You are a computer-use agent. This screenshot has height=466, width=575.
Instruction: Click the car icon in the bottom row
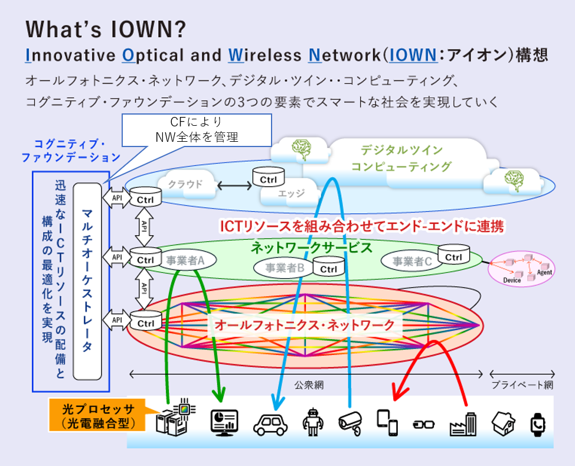click(x=270, y=425)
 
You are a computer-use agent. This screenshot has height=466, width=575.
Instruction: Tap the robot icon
click(x=313, y=422)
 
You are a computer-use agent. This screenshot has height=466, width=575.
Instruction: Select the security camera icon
click(x=351, y=423)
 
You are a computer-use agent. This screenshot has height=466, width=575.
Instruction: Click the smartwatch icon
click(x=538, y=425)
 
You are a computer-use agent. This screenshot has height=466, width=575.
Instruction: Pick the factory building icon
click(x=463, y=424)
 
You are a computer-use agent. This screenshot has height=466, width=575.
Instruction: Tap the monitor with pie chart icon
click(x=224, y=423)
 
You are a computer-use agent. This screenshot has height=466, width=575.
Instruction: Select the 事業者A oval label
click(x=185, y=260)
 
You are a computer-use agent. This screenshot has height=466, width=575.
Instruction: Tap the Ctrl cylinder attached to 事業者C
click(x=453, y=255)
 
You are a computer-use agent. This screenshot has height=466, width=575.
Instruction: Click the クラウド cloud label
click(x=185, y=184)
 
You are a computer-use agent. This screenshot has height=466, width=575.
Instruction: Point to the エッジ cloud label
click(x=291, y=193)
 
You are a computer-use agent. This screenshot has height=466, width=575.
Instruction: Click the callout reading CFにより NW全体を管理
click(x=197, y=130)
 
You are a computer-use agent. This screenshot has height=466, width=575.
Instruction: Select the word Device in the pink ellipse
click(x=512, y=281)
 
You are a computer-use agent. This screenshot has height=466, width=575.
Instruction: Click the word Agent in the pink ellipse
click(x=544, y=272)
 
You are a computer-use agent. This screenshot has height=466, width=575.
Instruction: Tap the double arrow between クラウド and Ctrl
click(x=235, y=185)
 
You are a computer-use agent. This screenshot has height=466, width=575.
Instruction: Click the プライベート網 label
click(x=522, y=385)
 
